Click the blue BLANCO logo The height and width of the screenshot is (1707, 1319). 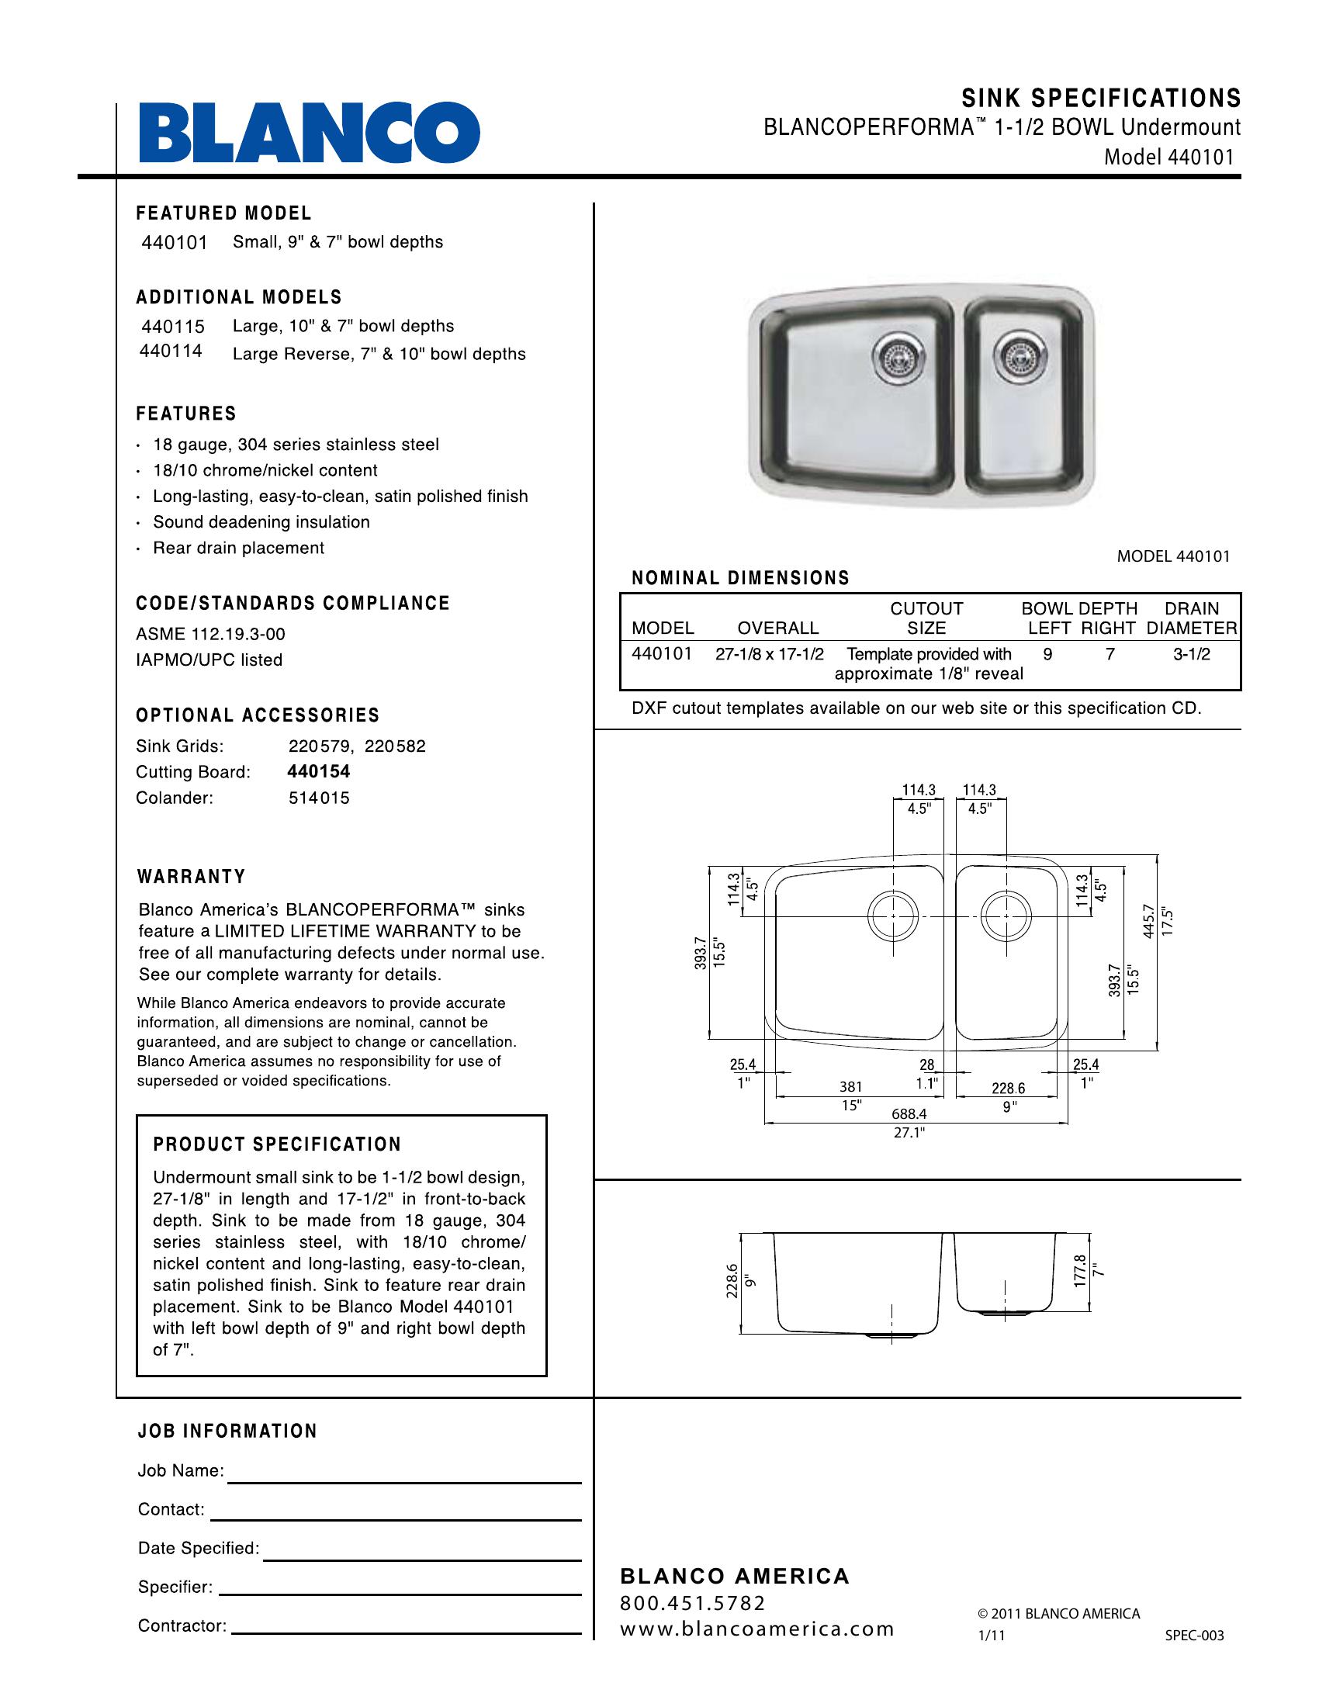pos(309,133)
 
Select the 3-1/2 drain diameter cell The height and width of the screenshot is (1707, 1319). pos(1191,654)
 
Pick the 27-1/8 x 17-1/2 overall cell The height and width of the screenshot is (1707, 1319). pos(769,654)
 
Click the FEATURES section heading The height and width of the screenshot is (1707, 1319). pos(186,414)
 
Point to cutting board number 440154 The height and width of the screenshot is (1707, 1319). pos(319,771)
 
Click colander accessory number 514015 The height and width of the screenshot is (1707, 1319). pos(319,798)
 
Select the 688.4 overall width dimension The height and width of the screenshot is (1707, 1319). pos(909,1113)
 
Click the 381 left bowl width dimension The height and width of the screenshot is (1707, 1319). pos(851,1086)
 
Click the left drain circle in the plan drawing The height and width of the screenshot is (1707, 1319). pos(892,915)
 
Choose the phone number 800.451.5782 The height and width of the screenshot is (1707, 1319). pos(692,1603)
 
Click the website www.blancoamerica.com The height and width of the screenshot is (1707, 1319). pos(756,1629)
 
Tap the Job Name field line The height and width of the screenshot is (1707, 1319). pos(404,1481)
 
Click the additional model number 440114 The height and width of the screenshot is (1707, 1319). pos(171,351)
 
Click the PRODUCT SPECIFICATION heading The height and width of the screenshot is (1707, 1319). pos(278,1144)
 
